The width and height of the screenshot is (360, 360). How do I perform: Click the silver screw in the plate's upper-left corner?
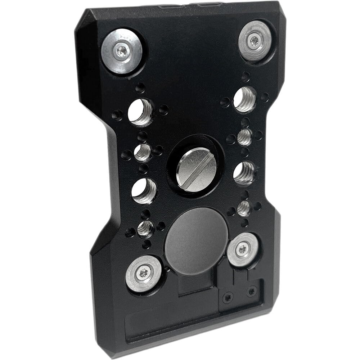(122, 51)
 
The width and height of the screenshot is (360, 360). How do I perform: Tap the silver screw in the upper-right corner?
(255, 40)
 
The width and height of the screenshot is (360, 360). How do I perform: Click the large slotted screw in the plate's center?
(196, 170)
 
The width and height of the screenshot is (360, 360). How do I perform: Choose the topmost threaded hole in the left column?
(140, 112)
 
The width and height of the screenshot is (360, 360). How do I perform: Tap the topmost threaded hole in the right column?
(244, 99)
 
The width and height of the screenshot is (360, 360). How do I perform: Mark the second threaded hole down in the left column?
(142, 152)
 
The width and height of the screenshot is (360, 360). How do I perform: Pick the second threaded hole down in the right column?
(244, 137)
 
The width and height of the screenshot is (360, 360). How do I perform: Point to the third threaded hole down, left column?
(144, 190)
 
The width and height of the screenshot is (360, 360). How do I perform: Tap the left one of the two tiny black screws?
(228, 297)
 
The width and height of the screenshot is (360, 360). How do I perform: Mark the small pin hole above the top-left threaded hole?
(140, 87)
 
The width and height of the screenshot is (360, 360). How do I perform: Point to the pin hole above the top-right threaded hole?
(246, 76)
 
